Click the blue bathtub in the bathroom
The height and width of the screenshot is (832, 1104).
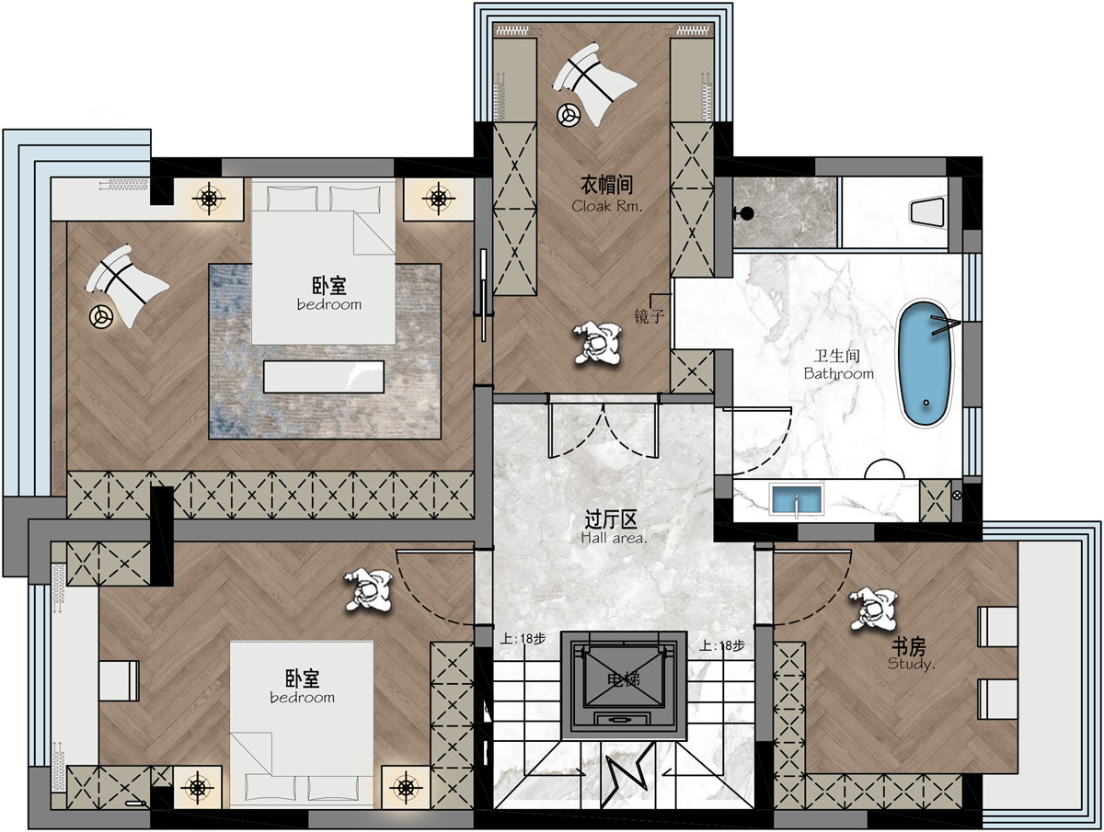[926, 364]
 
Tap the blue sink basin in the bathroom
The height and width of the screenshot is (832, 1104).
[797, 499]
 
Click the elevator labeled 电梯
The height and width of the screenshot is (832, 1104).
[624, 685]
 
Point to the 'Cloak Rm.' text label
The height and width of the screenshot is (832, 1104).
[607, 206]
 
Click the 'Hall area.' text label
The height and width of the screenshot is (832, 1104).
[614, 538]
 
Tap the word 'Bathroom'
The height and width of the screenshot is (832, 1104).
[838, 374]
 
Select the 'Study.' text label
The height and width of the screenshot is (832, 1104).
[912, 664]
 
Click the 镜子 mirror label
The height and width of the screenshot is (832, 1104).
[650, 316]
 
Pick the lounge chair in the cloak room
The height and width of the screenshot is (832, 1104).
[593, 83]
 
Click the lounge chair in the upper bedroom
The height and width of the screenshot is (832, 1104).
[126, 285]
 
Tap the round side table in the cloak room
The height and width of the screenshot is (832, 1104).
[569, 115]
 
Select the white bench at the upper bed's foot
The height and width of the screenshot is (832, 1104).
[324, 376]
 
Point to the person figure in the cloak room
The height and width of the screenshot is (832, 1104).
[598, 344]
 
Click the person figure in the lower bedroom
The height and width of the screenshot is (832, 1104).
[369, 590]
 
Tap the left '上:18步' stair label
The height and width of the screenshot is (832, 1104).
[523, 639]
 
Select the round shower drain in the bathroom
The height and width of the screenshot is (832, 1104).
[747, 213]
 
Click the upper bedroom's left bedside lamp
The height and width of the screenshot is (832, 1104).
[209, 199]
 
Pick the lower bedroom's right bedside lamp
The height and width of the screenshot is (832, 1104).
[406, 787]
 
